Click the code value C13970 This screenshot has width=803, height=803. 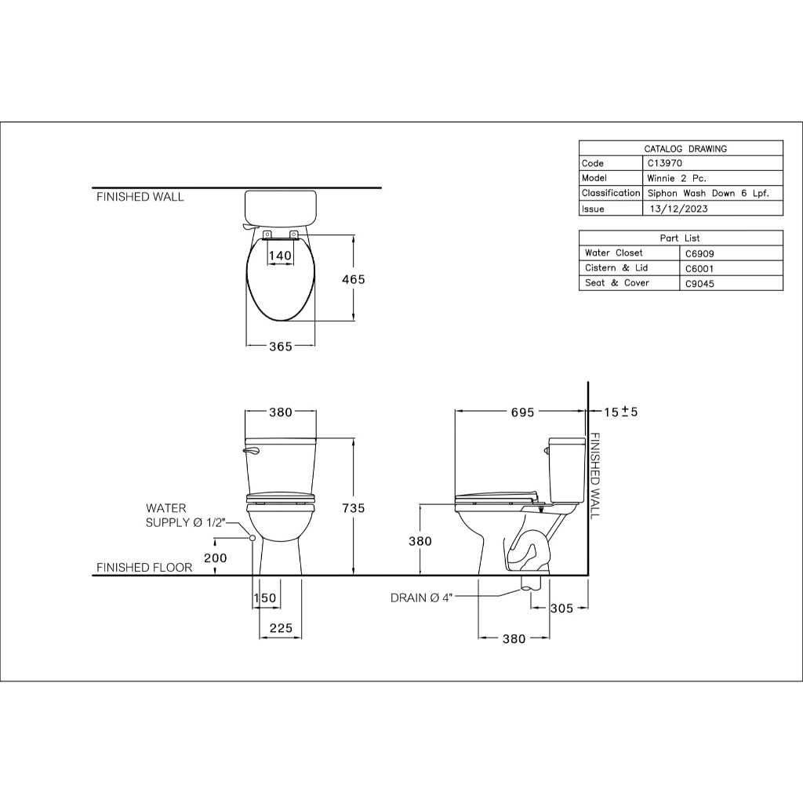pyautogui.click(x=665, y=163)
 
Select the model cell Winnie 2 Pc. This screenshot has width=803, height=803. pyautogui.click(x=677, y=178)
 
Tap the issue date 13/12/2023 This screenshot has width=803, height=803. pyautogui.click(x=678, y=209)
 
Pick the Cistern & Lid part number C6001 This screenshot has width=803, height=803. pyautogui.click(x=699, y=268)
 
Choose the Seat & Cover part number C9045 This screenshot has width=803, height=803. pyautogui.click(x=699, y=283)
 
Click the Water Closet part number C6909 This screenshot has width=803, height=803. pyautogui.click(x=699, y=253)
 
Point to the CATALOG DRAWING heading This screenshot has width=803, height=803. pyautogui.click(x=685, y=149)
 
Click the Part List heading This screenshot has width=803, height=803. pyautogui.click(x=680, y=238)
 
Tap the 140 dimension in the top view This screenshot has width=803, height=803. pyautogui.click(x=280, y=255)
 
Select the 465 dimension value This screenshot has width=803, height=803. pyautogui.click(x=354, y=279)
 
